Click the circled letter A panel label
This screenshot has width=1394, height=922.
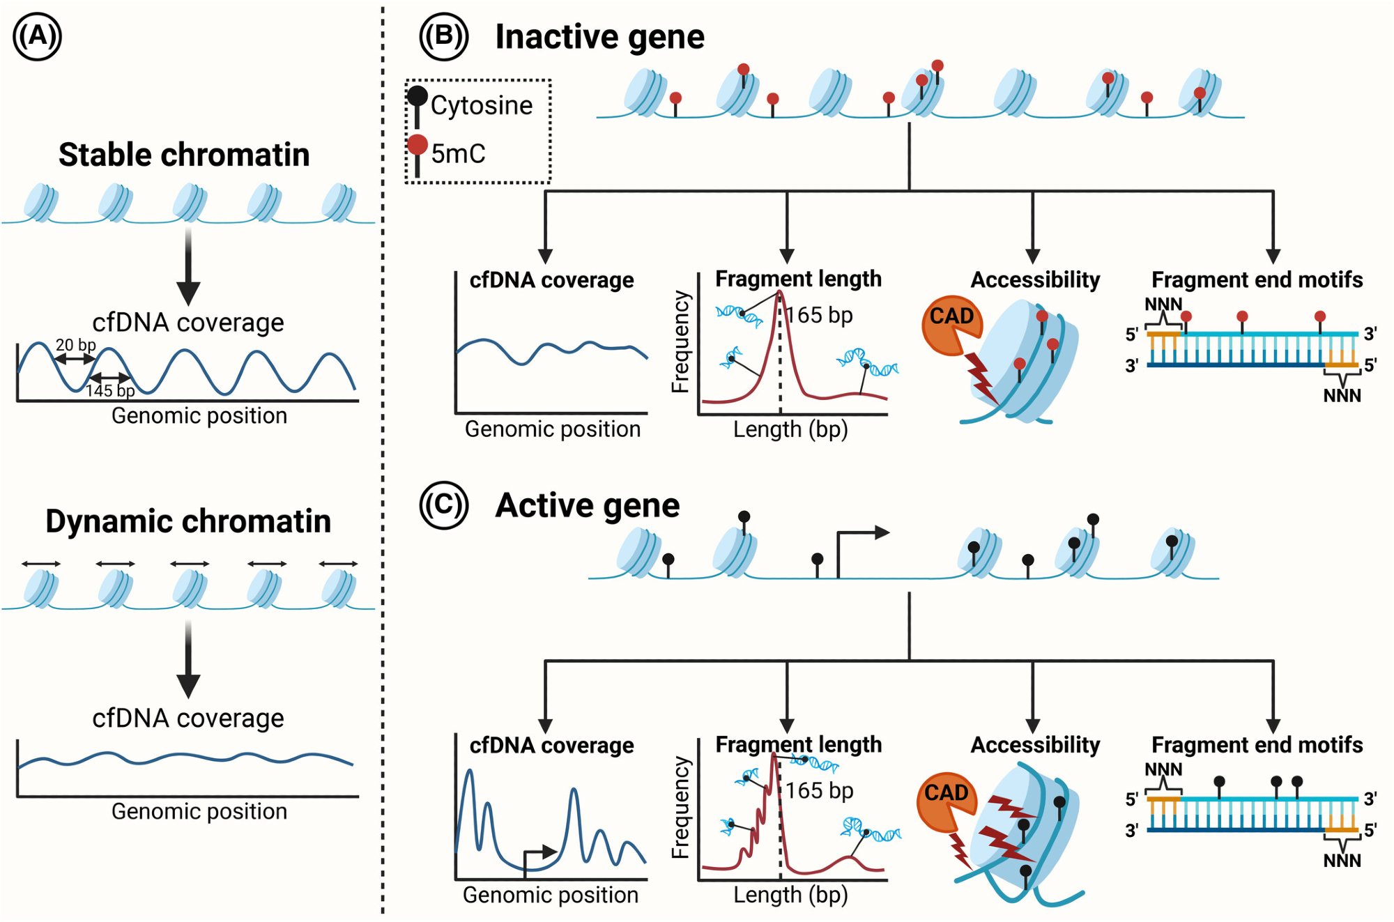pyautogui.click(x=38, y=36)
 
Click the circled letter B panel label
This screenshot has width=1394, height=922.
pyautogui.click(x=443, y=36)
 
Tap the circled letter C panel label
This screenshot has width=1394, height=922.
pyautogui.click(x=443, y=505)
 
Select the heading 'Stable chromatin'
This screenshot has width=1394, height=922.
pyautogui.click(x=184, y=155)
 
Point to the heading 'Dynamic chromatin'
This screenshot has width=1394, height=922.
pyautogui.click(x=188, y=521)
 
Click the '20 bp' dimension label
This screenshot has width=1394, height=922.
pyautogui.click(x=75, y=345)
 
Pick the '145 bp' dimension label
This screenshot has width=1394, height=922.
pyautogui.click(x=110, y=390)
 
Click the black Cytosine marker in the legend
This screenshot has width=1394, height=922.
pyautogui.click(x=418, y=97)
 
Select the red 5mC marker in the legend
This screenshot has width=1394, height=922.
pyautogui.click(x=418, y=145)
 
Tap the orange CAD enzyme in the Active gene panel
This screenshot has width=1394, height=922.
pyautogui.click(x=944, y=801)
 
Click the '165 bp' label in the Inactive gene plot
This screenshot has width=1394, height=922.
pyautogui.click(x=820, y=315)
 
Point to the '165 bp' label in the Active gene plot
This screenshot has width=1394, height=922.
pyautogui.click(x=820, y=790)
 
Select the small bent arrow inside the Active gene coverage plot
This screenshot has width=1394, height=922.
pyautogui.click(x=539, y=853)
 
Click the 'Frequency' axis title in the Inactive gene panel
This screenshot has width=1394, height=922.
pyautogui.click(x=680, y=341)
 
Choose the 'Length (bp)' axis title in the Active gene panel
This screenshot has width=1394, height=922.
pyautogui.click(x=790, y=895)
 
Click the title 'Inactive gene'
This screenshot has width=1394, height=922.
pyautogui.click(x=599, y=36)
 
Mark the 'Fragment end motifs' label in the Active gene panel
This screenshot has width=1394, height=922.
pyautogui.click(x=1257, y=745)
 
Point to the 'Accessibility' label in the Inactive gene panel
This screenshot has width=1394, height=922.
pyautogui.click(x=1035, y=280)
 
